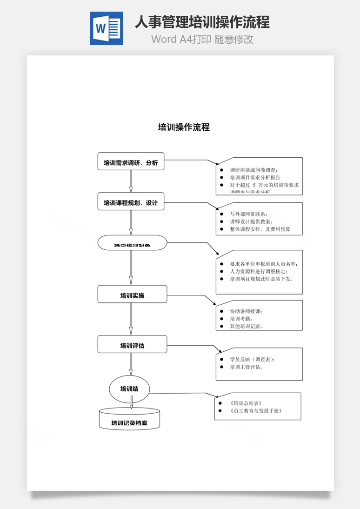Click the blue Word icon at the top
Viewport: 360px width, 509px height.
107,28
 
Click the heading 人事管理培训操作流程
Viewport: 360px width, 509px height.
202,22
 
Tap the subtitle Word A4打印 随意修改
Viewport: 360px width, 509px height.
202,39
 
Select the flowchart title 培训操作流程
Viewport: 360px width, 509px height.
184,127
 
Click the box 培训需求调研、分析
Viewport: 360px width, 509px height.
131,163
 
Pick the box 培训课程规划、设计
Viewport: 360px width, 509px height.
131,202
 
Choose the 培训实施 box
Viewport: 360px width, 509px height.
132,295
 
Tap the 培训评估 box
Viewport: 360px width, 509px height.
132,345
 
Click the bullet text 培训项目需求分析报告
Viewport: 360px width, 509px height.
255,178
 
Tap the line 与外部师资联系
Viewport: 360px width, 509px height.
249,214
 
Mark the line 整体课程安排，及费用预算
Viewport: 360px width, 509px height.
260,229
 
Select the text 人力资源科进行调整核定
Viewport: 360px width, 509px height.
259,271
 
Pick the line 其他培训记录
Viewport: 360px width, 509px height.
247,326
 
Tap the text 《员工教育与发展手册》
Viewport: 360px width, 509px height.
256,411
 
